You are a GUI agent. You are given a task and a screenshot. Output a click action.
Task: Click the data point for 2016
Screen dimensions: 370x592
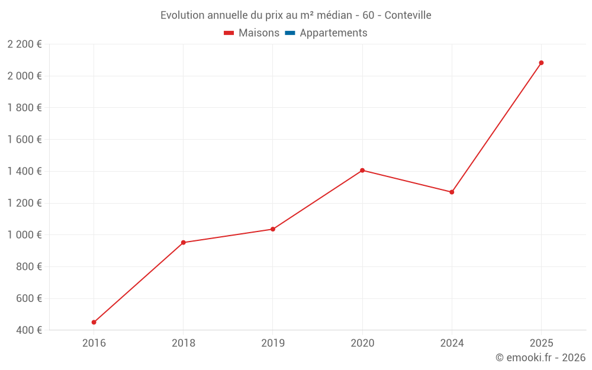click(x=94, y=322)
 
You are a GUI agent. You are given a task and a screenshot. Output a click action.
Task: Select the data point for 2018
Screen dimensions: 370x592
click(x=184, y=243)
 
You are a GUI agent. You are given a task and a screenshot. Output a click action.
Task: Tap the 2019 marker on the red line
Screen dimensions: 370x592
click(x=273, y=229)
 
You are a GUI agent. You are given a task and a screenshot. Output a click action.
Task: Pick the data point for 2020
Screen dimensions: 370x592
click(x=362, y=170)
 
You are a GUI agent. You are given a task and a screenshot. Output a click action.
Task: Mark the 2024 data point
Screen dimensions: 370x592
click(x=452, y=192)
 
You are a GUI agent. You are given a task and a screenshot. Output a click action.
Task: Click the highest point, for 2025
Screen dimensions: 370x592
click(x=541, y=63)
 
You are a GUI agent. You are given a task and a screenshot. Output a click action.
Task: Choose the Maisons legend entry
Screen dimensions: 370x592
click(x=259, y=33)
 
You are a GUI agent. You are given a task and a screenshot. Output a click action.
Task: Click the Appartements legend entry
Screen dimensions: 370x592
click(x=333, y=33)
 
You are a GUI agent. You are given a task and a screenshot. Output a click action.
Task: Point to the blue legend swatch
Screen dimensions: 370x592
click(x=290, y=33)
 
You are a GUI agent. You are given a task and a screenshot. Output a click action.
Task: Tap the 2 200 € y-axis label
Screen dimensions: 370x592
click(x=24, y=44)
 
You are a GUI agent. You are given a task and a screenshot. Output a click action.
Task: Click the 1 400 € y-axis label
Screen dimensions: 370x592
click(x=24, y=171)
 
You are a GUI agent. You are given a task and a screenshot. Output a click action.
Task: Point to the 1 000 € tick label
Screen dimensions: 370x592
click(x=24, y=234)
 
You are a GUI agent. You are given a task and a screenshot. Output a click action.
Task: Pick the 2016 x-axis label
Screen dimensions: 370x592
click(x=94, y=343)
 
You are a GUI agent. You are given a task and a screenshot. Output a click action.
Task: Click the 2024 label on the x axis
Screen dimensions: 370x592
click(x=452, y=343)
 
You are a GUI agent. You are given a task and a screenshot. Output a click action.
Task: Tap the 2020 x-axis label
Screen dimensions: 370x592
click(x=362, y=343)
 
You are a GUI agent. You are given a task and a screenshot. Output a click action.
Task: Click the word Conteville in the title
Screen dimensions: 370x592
click(x=408, y=15)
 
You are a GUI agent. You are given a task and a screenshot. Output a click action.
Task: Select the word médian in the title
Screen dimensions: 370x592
click(x=328, y=15)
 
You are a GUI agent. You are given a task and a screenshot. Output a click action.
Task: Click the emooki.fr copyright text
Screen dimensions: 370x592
click(x=540, y=357)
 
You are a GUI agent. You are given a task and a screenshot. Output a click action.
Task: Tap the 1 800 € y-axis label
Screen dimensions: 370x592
click(x=24, y=108)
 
